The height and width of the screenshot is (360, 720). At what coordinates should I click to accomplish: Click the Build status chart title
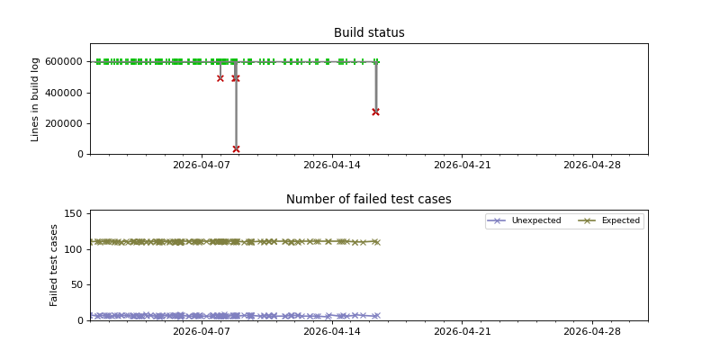(x=369, y=33)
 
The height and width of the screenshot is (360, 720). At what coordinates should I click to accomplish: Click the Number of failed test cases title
(x=369, y=200)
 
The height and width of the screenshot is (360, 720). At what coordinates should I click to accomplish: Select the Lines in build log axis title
(x=36, y=99)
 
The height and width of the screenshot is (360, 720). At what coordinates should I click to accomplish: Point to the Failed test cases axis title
(x=54, y=265)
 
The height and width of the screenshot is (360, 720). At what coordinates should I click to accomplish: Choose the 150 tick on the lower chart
(x=75, y=214)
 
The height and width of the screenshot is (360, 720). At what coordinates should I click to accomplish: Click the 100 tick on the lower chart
(x=75, y=249)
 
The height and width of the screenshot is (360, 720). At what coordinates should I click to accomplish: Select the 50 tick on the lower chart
(x=77, y=284)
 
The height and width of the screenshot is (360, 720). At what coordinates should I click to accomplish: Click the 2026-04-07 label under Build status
(x=202, y=165)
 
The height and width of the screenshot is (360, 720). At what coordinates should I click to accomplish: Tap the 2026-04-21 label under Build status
(x=462, y=165)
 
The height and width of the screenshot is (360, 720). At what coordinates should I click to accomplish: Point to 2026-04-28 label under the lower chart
(x=592, y=331)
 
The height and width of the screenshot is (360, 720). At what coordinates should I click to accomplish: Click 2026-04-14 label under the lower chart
(x=332, y=331)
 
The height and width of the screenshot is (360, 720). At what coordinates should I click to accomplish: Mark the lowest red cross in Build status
(x=236, y=148)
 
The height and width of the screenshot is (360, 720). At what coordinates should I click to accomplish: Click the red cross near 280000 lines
(x=375, y=112)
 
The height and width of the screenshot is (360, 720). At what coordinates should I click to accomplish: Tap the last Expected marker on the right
(x=376, y=242)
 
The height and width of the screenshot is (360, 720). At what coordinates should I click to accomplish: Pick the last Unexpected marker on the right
(x=376, y=316)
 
